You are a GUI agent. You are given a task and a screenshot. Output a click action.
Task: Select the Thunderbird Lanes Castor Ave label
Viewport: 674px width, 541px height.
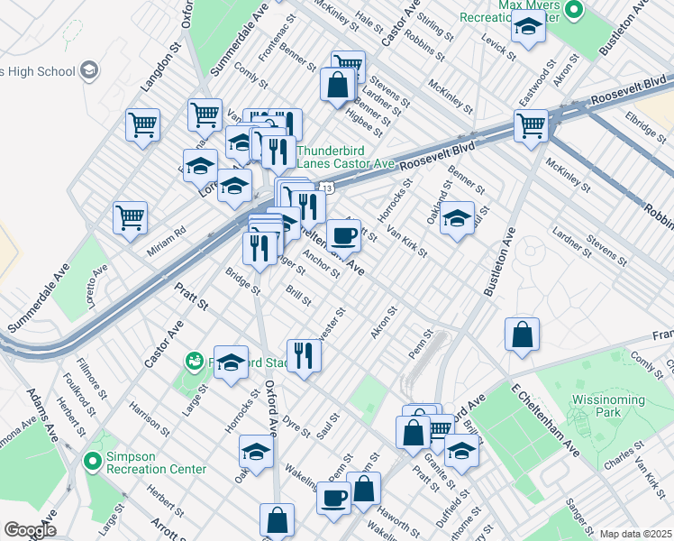click(x=345, y=157)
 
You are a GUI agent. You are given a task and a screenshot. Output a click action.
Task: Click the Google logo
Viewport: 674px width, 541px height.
click(x=30, y=530)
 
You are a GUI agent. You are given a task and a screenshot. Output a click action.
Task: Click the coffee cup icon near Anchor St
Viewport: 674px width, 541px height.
click(x=342, y=236)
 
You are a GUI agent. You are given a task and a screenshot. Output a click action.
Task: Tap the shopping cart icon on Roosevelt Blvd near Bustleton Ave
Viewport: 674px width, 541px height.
click(x=531, y=125)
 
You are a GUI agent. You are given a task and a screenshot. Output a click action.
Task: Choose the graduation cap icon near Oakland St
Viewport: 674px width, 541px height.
click(x=457, y=218)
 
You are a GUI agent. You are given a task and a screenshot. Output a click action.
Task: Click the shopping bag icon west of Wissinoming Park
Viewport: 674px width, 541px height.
click(x=522, y=335)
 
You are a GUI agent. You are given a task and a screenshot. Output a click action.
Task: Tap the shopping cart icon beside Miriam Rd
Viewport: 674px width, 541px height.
click(x=130, y=217)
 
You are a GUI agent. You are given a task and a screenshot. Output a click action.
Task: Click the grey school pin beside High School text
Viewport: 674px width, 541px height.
click(x=89, y=69)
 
